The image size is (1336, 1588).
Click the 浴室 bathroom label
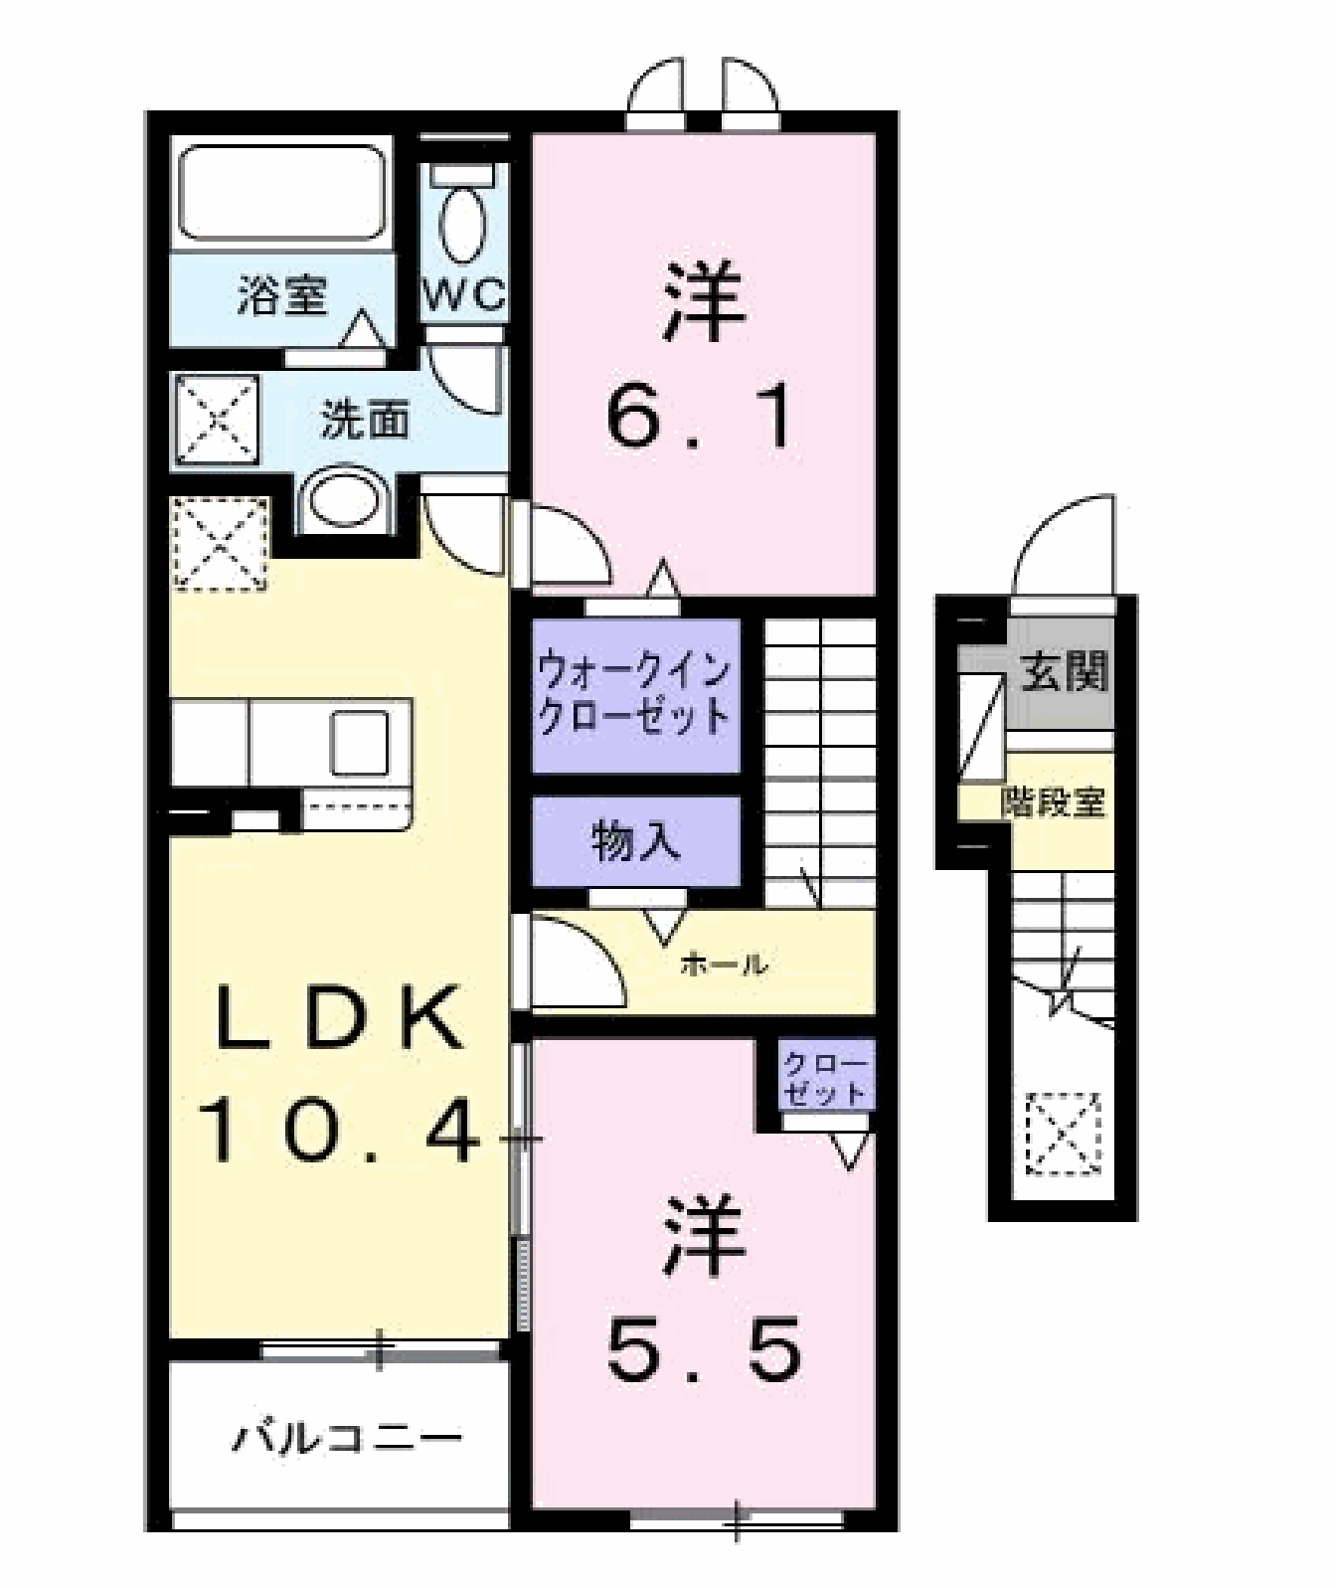coord(281,295)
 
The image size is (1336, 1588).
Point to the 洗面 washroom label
coord(364,420)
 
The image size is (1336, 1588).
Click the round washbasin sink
coord(344,501)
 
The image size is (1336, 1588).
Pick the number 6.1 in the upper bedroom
coord(701,418)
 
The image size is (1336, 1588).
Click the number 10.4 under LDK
coord(343,1134)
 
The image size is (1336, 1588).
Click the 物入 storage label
coord(636,842)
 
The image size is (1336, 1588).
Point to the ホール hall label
coord(724,963)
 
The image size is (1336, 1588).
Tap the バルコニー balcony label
coord(347,1438)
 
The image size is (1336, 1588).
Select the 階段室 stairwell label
coord(1054,801)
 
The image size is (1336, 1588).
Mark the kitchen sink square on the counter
coord(360,743)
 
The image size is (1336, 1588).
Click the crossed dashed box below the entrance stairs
coord(1064,1134)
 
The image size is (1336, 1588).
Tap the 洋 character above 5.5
coord(705,1238)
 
